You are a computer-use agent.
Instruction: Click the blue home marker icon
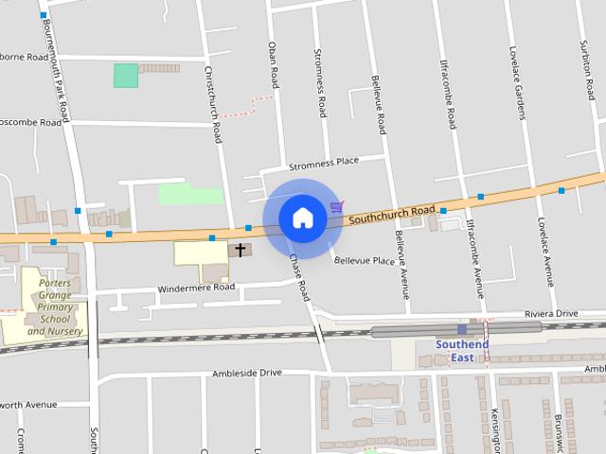coord(303,218)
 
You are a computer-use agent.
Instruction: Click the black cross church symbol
coord(241,251)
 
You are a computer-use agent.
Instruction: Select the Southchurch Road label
coord(391,215)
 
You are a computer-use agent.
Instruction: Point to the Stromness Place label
coord(324,162)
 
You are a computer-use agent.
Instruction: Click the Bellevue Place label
coord(364,260)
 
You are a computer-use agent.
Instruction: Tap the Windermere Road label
coord(196,286)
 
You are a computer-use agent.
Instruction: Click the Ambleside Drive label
coord(247,373)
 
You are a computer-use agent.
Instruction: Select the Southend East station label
coord(462,351)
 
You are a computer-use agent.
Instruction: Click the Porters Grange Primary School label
coord(55,307)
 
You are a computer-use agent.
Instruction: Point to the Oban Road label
coord(273,60)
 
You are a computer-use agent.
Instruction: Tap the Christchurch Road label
coord(214,104)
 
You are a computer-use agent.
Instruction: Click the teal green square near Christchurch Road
coord(126,76)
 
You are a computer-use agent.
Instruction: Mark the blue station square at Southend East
coord(462,329)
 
